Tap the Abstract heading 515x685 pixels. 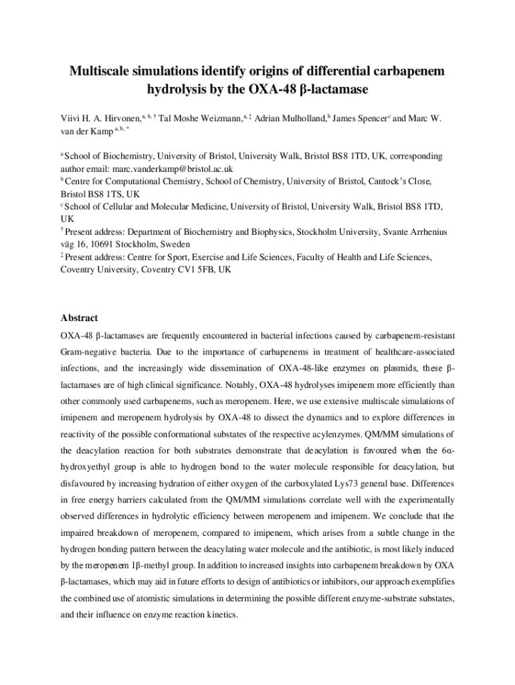coord(79,318)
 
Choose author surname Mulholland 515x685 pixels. coord(304,118)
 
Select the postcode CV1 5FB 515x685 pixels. coord(200,270)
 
